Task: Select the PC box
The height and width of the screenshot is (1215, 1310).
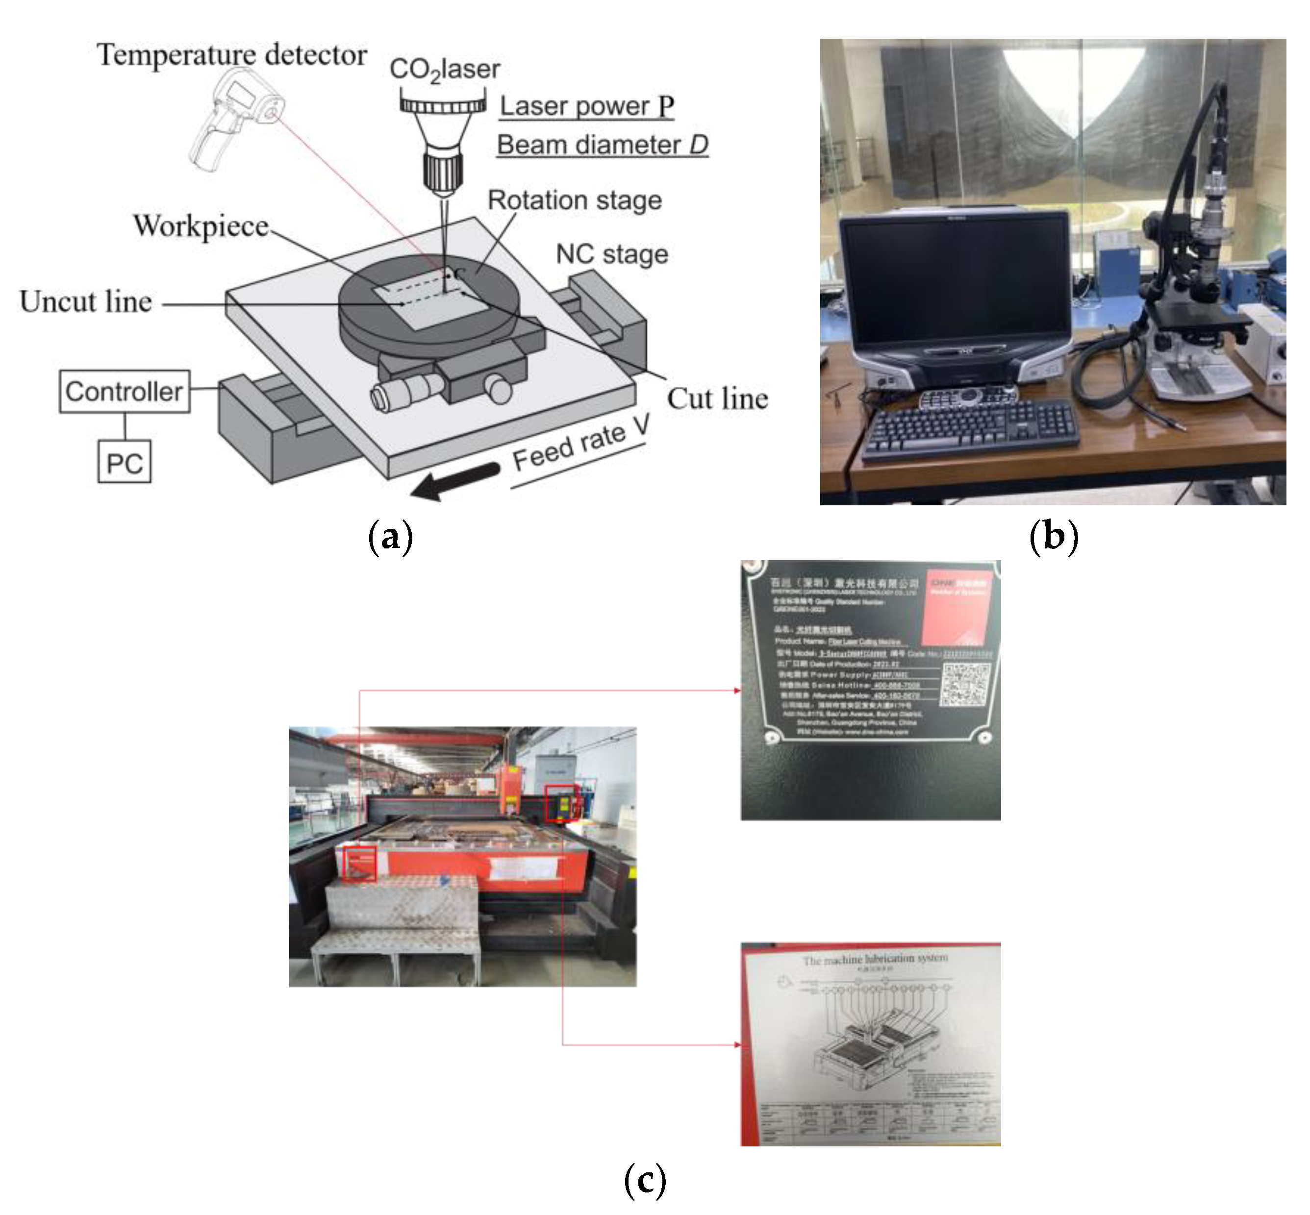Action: [125, 462]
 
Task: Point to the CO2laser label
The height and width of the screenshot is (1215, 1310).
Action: [445, 70]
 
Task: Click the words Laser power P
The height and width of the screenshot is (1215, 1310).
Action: [586, 106]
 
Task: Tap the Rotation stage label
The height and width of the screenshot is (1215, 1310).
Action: [574, 200]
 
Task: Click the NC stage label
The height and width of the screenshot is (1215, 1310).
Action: [611, 254]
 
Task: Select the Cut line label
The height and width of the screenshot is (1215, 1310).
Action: [717, 399]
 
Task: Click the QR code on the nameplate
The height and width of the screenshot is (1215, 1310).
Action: [965, 684]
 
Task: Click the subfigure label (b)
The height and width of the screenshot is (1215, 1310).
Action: [1054, 536]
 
